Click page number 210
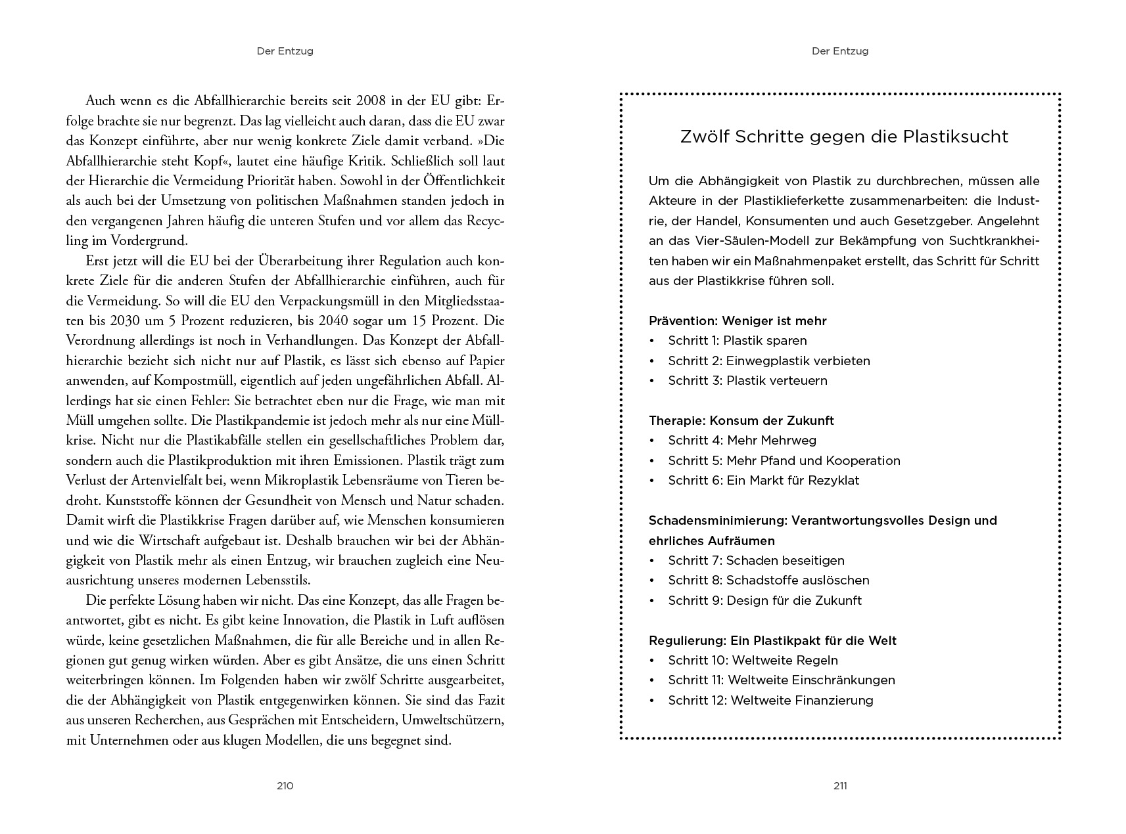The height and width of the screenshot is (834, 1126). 285,786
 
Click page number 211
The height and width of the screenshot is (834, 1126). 840,786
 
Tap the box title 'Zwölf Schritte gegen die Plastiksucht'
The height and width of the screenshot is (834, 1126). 844,137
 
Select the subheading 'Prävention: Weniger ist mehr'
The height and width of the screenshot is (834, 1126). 738,321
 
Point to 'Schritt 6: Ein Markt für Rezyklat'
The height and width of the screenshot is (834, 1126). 764,481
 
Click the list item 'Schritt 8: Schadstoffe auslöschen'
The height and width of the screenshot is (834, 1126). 768,581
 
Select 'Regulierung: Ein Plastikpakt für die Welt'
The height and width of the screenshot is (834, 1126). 772,641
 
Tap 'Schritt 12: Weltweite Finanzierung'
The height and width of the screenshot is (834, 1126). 770,701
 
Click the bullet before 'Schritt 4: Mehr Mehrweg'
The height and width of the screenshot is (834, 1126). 652,441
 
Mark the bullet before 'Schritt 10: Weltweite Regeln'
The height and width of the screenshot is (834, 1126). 652,661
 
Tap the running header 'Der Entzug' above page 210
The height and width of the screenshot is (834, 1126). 285,51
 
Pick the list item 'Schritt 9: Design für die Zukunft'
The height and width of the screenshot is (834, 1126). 764,601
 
